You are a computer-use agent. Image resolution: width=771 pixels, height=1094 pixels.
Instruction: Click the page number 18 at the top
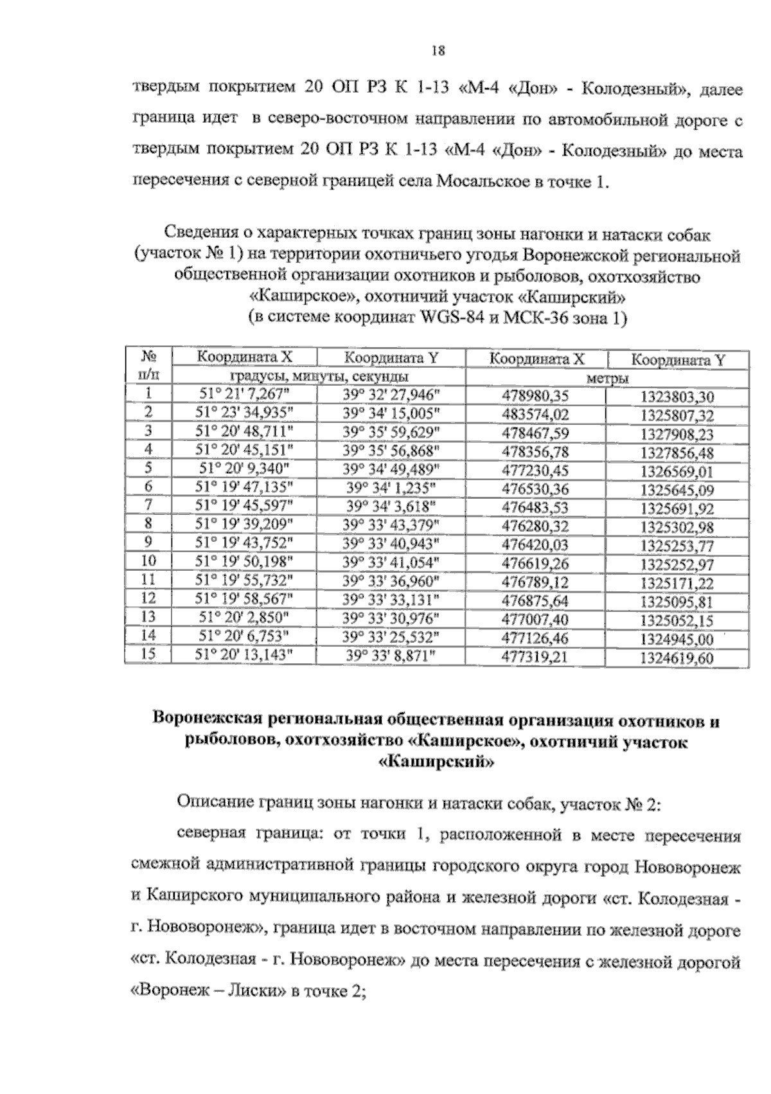[438, 51]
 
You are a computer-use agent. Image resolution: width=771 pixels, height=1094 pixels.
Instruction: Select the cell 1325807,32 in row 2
[677, 415]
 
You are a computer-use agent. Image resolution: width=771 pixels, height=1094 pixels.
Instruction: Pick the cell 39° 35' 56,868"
[391, 450]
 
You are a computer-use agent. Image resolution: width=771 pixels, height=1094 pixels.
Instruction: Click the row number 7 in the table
[148, 506]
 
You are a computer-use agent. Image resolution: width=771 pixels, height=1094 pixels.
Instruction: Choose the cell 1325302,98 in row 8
[677, 527]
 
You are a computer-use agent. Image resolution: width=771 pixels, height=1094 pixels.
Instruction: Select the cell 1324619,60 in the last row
[677, 658]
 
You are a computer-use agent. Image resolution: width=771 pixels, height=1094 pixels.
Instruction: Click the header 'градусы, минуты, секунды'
[318, 377]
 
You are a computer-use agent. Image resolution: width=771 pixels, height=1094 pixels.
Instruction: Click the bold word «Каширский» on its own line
[437, 763]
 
